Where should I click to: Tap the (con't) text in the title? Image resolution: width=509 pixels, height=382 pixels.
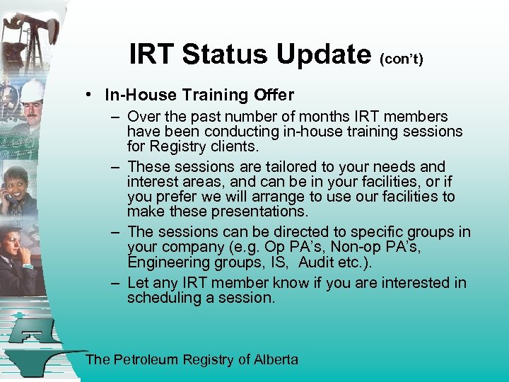402,59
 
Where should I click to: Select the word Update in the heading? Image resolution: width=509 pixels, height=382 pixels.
324,54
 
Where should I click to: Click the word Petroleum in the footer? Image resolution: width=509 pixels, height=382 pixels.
146,360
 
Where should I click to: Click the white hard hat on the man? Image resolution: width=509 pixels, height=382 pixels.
32,91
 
